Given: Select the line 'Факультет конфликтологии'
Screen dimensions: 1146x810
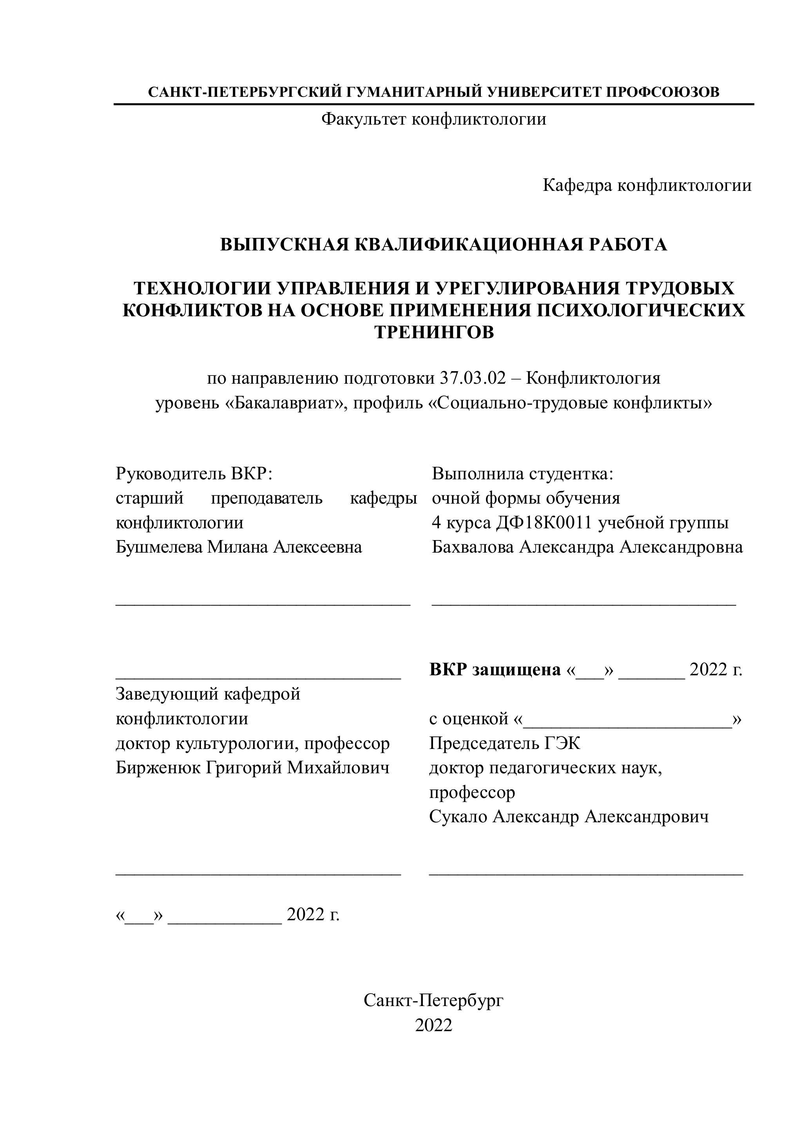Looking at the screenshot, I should pos(433,119).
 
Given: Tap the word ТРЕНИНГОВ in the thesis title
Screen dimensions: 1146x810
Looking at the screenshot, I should pos(434,332).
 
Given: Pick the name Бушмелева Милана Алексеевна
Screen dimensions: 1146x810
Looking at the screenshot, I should pos(239,548).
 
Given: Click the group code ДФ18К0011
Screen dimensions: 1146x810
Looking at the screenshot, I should pos(544,522).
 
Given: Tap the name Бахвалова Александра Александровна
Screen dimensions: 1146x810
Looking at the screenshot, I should pos(587,548).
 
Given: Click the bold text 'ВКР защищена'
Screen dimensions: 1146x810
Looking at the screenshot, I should pos(495,670).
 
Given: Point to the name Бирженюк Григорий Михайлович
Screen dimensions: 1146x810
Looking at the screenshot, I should pos(252,768).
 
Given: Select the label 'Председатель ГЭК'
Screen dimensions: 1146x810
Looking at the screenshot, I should pos(505,744).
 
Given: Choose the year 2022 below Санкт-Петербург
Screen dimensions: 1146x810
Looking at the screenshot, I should pos(433,1025).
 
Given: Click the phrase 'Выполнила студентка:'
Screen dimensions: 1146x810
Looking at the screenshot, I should pos(522,473).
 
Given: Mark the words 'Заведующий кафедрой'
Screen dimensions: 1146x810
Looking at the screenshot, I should pos(208,694).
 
